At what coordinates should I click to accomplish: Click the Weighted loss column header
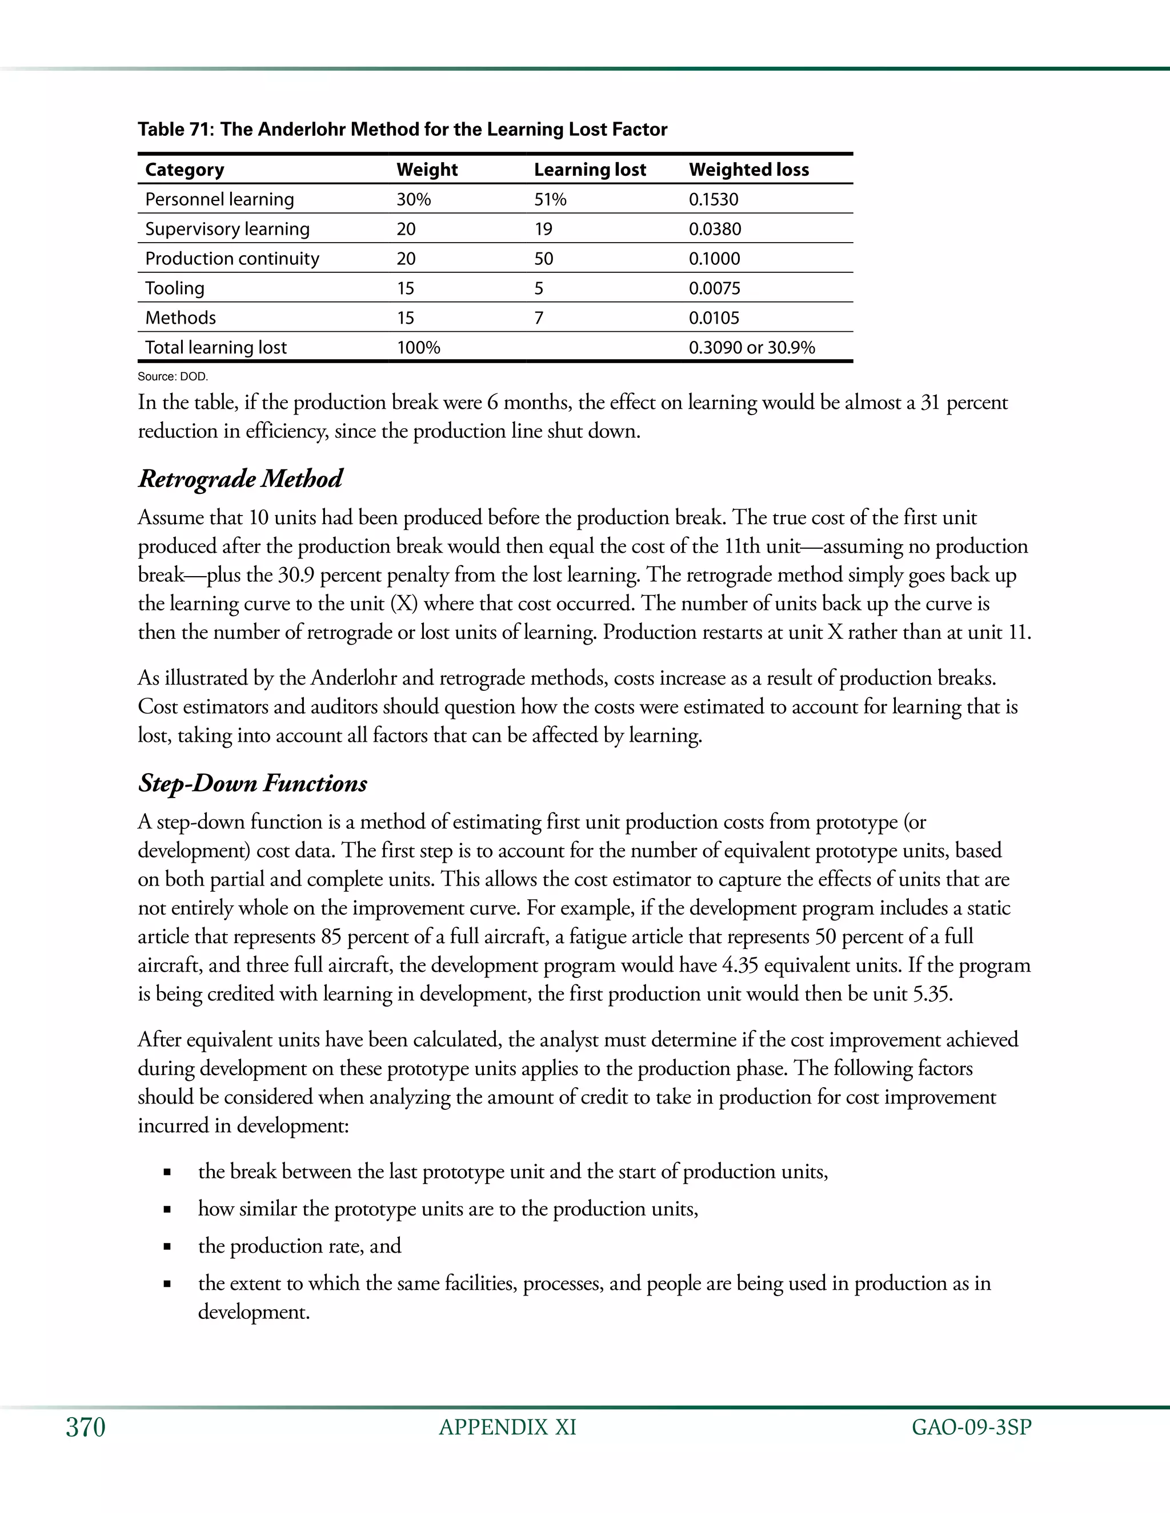tap(748, 170)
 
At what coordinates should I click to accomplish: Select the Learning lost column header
tap(590, 170)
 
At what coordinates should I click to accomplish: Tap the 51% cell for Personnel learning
tap(550, 199)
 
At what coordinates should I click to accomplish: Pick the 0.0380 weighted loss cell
tap(715, 230)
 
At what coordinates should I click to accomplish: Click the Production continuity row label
tap(232, 259)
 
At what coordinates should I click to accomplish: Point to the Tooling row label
tap(175, 288)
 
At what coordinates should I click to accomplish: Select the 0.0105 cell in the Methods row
tap(714, 318)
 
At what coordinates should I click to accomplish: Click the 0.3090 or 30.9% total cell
tap(751, 348)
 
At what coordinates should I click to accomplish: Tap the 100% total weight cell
tap(418, 348)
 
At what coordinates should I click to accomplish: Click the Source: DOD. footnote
tap(173, 376)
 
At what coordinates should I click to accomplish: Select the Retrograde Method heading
tap(240, 478)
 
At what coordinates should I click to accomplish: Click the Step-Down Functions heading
tap(253, 783)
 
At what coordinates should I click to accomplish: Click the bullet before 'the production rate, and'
tap(167, 1247)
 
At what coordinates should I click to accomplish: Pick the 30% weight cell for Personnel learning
tap(414, 199)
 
